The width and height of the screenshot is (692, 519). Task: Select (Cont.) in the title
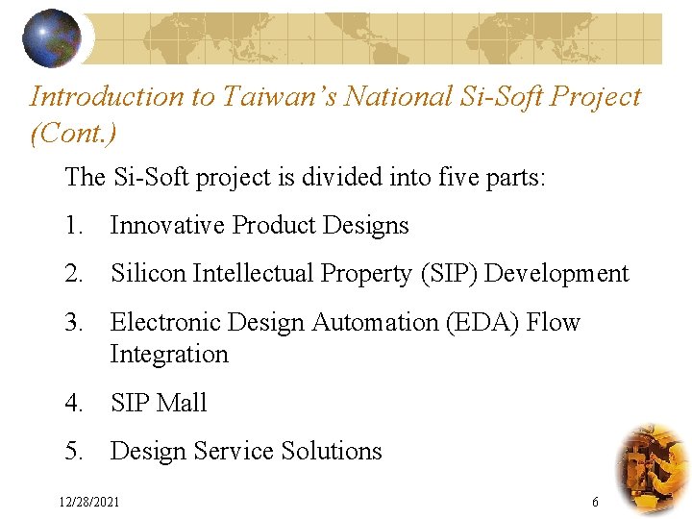click(73, 132)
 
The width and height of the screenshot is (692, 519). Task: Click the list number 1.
click(75, 226)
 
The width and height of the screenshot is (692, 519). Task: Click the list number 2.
click(75, 274)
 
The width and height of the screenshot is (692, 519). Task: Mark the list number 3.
click(75, 323)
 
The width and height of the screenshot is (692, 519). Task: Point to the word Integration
click(169, 355)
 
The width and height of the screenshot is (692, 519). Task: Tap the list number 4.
click(75, 404)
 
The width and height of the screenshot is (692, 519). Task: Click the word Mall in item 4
click(185, 404)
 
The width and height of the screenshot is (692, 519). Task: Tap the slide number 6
click(595, 502)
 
